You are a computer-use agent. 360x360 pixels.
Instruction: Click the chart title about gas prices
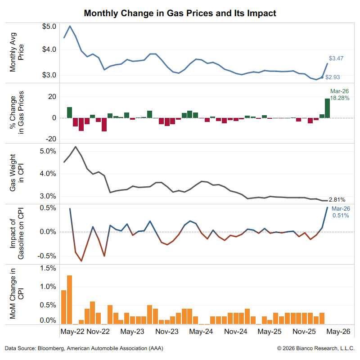click(x=180, y=13)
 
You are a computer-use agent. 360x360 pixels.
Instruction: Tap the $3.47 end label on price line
click(x=336, y=58)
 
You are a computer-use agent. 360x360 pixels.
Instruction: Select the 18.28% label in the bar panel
click(x=340, y=98)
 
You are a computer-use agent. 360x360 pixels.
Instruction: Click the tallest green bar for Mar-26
click(x=327, y=108)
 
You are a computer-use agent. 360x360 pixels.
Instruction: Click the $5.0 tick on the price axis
click(x=49, y=27)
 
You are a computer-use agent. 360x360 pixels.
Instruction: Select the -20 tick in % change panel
click(x=49, y=139)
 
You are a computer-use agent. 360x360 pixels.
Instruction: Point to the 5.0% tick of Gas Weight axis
click(x=47, y=151)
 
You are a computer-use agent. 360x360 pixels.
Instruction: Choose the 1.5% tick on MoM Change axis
click(x=47, y=268)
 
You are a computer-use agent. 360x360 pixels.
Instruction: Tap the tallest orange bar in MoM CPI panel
click(x=69, y=299)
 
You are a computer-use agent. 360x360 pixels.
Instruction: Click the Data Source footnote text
click(x=84, y=348)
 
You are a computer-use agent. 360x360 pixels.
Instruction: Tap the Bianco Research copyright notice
click(x=316, y=348)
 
